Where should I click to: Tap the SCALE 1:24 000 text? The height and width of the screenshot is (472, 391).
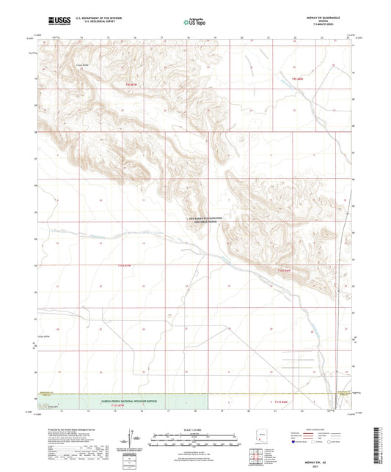[194, 429]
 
